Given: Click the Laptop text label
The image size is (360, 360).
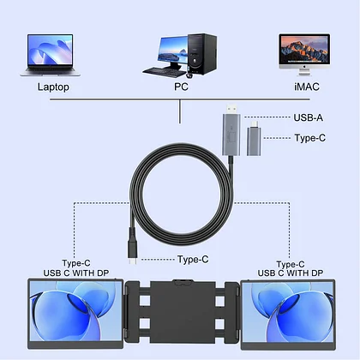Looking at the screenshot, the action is click(x=53, y=87).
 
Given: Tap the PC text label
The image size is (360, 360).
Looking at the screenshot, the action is click(x=181, y=87).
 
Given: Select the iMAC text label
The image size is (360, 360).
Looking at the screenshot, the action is click(x=307, y=87).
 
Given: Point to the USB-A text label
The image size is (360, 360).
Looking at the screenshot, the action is click(x=309, y=117).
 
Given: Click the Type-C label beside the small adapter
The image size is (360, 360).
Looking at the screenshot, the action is click(x=310, y=138).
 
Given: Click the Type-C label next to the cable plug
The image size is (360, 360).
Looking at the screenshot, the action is click(x=193, y=259).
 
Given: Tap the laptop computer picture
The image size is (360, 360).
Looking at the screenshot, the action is click(x=51, y=55).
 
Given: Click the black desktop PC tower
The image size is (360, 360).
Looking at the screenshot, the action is click(x=202, y=54).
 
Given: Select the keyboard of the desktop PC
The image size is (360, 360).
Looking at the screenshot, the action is click(x=165, y=72).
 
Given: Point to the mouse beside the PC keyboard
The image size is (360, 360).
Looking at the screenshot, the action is click(x=189, y=75).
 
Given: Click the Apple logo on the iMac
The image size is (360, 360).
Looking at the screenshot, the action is click(x=304, y=66).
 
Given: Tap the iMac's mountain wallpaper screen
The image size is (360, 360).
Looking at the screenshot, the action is click(x=304, y=49).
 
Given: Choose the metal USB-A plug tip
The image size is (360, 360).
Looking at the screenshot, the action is click(x=232, y=109).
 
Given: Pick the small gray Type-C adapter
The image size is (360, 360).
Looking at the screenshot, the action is click(x=254, y=138).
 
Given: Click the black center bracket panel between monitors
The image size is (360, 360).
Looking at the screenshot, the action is click(x=183, y=311).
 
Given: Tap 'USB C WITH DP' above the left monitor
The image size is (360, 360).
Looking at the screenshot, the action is click(x=76, y=273).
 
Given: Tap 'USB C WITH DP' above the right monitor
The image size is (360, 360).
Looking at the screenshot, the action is click(x=291, y=273).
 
